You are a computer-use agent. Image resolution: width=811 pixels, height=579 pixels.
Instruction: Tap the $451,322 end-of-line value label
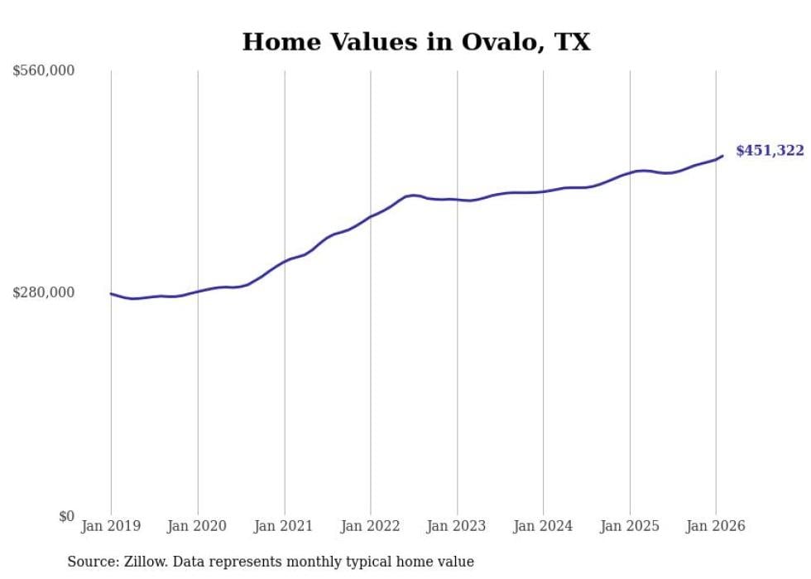point(770,151)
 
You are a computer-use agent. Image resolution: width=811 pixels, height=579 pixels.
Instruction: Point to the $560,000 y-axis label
point(44,71)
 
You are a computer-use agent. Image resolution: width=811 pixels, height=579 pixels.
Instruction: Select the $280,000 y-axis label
point(44,292)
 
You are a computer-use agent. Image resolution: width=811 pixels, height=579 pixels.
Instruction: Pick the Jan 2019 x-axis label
point(111,526)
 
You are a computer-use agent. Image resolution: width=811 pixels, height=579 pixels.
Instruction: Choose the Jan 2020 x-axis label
point(197,526)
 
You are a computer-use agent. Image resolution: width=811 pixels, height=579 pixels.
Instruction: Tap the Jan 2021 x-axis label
point(284,526)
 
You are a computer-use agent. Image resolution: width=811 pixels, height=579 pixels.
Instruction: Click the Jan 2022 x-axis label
point(370,526)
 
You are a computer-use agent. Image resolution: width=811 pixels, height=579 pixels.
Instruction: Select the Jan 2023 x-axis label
point(457,526)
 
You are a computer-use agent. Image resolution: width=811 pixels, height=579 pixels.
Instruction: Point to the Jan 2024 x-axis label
point(543,526)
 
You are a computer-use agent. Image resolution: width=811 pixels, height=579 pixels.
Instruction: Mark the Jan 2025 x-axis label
point(629,526)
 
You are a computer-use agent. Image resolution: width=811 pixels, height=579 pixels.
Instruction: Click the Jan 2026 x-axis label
point(715,526)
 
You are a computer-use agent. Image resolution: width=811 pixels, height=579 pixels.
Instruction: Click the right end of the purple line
point(722,156)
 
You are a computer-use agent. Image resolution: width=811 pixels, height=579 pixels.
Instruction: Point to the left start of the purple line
point(112,293)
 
